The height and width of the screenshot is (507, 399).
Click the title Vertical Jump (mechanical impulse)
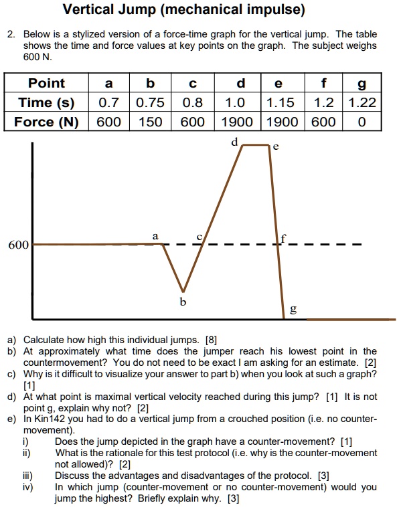(x=183, y=10)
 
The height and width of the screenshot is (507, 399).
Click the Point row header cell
(x=46, y=84)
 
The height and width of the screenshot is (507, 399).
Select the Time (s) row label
(x=46, y=103)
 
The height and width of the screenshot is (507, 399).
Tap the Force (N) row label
(x=46, y=122)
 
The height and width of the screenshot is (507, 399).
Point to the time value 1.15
(x=279, y=103)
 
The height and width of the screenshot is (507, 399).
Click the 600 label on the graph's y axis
(x=18, y=245)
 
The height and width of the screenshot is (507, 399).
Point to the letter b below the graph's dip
(x=182, y=302)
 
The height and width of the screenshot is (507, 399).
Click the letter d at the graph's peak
(x=234, y=142)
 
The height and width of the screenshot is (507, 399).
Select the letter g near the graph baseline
(x=293, y=309)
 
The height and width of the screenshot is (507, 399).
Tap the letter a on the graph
(x=155, y=236)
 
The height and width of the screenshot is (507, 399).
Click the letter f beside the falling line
(x=283, y=238)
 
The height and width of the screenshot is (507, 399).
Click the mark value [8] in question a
(x=212, y=339)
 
